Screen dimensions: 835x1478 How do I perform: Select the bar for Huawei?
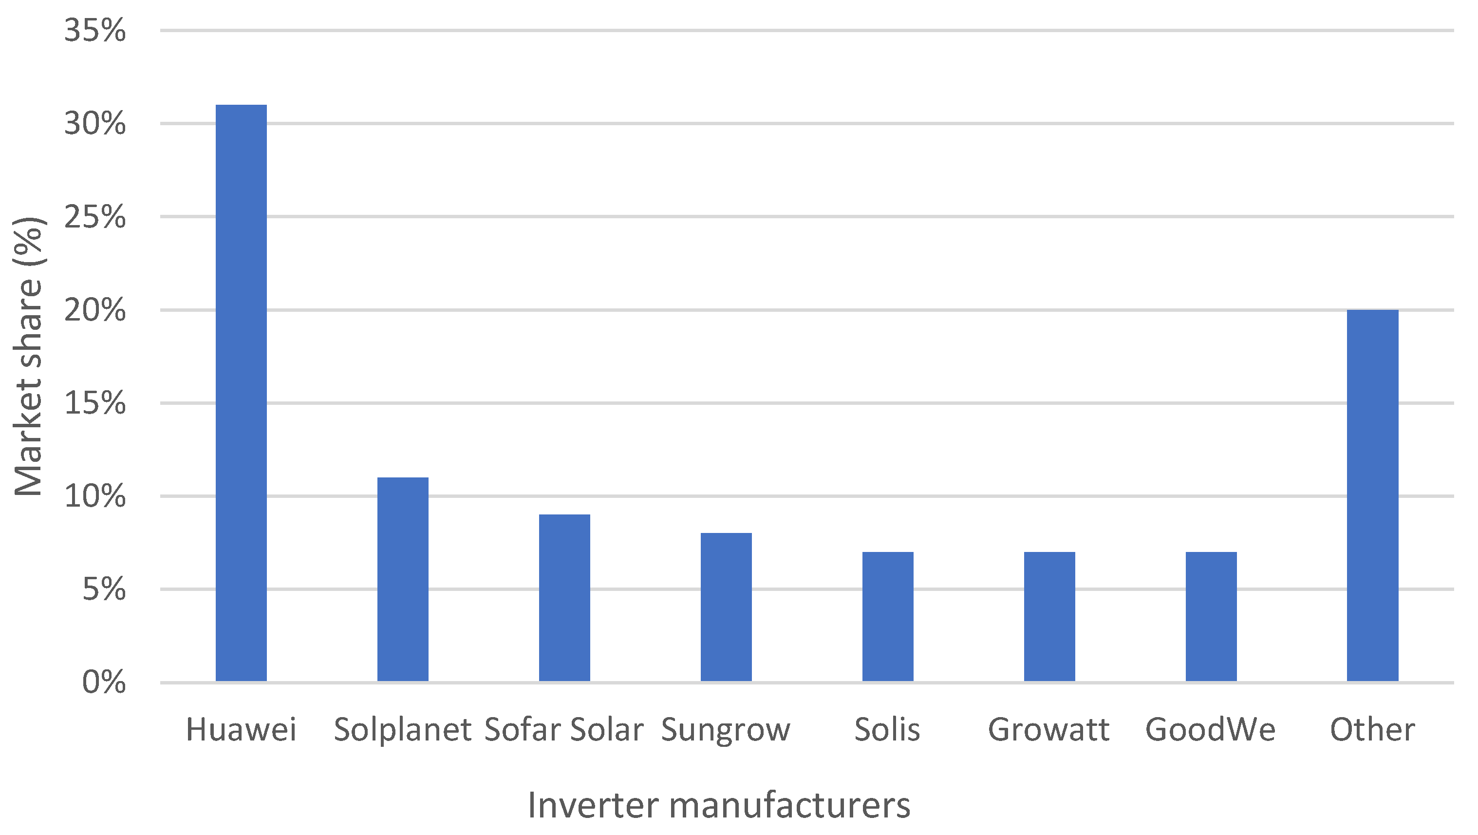tap(241, 393)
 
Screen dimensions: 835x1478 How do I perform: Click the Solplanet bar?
tap(403, 580)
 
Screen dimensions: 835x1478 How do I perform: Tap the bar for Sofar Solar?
tap(564, 598)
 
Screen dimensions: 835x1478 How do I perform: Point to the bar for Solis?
tap(888, 617)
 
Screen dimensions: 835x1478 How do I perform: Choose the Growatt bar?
tap(1049, 617)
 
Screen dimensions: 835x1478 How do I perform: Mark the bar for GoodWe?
tap(1211, 617)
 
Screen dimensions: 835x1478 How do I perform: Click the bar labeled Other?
tap(1372, 496)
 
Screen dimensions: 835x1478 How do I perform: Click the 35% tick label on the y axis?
tap(94, 30)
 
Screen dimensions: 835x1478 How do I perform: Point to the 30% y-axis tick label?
tap(94, 123)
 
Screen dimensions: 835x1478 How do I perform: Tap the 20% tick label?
tap(94, 310)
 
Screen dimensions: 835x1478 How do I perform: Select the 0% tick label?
tap(104, 683)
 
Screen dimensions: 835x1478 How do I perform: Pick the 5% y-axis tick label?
tap(104, 589)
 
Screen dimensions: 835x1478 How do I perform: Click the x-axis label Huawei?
tap(241, 730)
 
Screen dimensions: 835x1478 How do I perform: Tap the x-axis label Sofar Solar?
tap(564, 730)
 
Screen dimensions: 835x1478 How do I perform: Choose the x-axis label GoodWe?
tap(1211, 730)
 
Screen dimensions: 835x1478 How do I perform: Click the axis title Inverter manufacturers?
tap(719, 805)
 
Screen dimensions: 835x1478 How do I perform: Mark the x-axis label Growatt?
tap(1049, 730)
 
